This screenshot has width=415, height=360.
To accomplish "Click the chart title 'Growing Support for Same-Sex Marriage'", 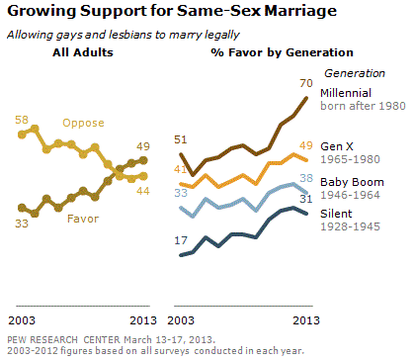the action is pos(172,11).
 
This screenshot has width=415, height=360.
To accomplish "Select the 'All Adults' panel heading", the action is pos(83,52).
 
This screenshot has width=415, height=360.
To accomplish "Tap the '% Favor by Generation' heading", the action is pos(282,52).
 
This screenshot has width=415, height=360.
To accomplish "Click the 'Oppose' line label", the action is pos(83,123).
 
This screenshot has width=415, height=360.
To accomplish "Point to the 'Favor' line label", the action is pos(83,219).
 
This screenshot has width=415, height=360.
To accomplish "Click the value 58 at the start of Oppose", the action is pos(22,120).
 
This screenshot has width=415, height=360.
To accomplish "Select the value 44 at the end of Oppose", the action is pos(143,191).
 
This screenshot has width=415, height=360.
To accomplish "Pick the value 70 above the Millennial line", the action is pos(306,83).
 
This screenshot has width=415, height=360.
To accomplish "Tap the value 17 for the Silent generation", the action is pos(181,240).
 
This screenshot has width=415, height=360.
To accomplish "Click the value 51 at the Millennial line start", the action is pos(181,139).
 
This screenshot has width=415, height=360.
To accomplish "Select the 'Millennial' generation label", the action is pos(346,93).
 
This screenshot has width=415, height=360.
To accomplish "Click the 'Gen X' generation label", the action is pos(337,146).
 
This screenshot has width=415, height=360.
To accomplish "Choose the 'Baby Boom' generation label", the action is pos(352,182).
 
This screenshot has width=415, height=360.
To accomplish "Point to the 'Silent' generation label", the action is pos(336,214).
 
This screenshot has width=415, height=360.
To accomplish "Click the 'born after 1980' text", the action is pos(363,106).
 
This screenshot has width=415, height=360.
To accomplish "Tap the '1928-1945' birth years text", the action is pos(350,226).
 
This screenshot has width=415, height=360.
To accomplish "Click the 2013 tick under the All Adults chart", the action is pos(143,320).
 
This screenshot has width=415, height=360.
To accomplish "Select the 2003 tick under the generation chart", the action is pos(181,320).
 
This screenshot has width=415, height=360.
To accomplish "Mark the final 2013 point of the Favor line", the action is pos(143,160).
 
